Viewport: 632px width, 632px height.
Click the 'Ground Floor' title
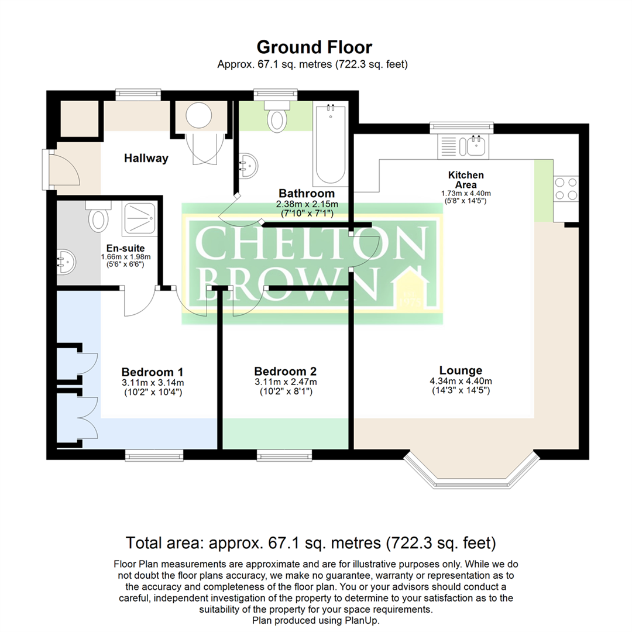tap(314, 47)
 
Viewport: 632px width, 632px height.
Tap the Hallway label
tap(146, 158)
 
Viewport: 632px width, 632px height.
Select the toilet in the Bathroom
tap(277, 116)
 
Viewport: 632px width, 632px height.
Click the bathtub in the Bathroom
tap(331, 145)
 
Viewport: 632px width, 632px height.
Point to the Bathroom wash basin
tap(248, 166)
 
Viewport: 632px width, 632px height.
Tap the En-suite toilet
tap(98, 217)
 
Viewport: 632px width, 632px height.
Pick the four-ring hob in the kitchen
tap(566, 189)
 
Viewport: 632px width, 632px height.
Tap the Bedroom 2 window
tap(284, 456)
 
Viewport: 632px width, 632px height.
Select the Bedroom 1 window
tap(154, 456)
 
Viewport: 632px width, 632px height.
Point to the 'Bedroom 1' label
tap(152, 372)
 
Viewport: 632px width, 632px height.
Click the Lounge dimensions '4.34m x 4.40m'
tap(461, 381)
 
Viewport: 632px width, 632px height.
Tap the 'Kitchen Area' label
tap(466, 180)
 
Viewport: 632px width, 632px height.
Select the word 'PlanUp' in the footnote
tap(361, 620)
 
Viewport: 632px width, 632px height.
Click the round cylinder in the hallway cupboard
tap(199, 116)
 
